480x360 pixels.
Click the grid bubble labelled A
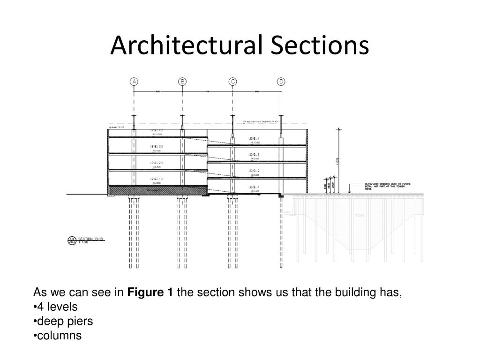[135, 82]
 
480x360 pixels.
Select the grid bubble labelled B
[182, 82]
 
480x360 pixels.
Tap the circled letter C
[232, 82]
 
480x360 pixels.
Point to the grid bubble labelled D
[281, 82]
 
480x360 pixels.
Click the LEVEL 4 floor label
[255, 139]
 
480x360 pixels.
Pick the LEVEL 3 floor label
[255, 155]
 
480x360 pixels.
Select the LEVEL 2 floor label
[255, 171]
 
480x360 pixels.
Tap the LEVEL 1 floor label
[255, 187]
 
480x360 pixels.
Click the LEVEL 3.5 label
[157, 147]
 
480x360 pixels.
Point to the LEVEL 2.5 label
[157, 163]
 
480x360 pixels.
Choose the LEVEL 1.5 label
[157, 179]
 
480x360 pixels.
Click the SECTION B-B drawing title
[90, 239]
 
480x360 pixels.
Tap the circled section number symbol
[72, 240]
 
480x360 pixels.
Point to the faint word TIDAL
[360, 216]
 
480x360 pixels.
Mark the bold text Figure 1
[150, 293]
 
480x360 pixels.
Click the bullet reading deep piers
[65, 321]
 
